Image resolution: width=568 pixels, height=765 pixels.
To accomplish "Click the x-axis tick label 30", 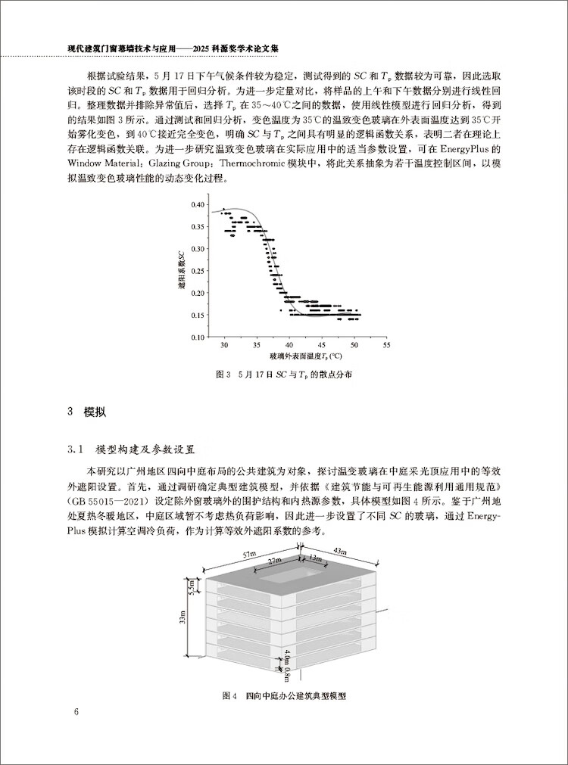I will [223, 345].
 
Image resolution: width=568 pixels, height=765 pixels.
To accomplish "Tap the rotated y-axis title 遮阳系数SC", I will [181, 271].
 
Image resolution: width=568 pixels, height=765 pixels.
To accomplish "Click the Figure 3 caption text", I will [285, 375].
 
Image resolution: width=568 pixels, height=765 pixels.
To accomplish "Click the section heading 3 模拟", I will [86, 412].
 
